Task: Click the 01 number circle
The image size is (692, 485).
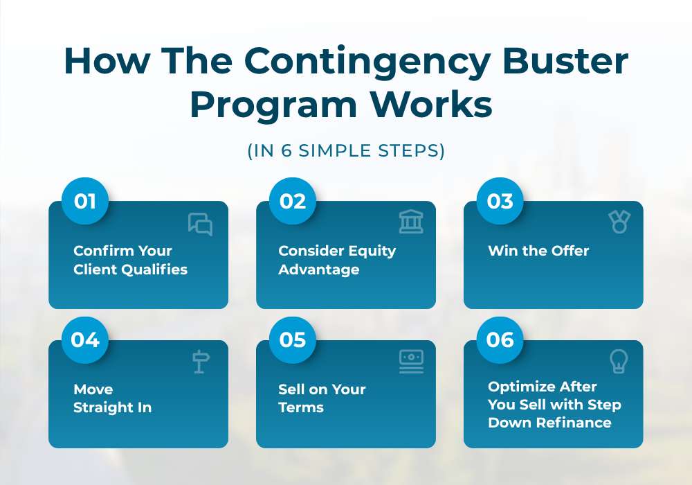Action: (84, 201)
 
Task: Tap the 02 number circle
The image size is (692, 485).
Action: (293, 201)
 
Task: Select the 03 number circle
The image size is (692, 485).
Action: (500, 201)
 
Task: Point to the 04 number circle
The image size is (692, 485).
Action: (84, 339)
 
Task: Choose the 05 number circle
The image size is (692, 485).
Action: (293, 339)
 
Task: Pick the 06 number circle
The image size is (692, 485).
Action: (500, 339)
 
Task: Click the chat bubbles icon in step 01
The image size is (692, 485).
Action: (200, 224)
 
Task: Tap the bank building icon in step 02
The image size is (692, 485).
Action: (411, 221)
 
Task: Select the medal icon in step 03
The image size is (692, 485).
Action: (619, 221)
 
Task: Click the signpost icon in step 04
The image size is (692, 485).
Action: (201, 361)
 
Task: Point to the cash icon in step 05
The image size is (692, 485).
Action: (411, 362)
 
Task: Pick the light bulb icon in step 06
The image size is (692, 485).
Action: (619, 361)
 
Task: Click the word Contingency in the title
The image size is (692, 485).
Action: (367, 62)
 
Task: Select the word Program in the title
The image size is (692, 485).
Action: (273, 107)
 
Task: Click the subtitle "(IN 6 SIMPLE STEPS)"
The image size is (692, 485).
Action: (346, 150)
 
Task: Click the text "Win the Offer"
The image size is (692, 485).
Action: (538, 251)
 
